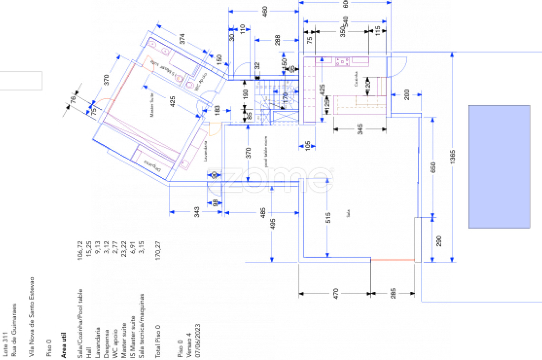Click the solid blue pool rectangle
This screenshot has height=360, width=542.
tap(499, 166)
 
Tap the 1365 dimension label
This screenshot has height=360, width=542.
tap(453, 157)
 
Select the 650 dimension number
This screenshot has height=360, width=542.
tap(433, 167)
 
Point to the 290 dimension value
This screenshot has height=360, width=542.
tap(439, 241)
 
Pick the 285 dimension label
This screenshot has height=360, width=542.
tap(393, 293)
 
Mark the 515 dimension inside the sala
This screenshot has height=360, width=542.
tap(328, 218)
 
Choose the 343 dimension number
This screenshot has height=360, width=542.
tap(197, 212)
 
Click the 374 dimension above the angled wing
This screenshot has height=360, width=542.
tap(182, 39)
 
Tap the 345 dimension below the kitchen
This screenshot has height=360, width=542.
tap(360, 129)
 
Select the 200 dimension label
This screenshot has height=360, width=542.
tap(407, 95)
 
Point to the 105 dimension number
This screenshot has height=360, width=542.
tap(308, 146)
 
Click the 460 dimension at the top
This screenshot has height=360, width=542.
tap(265, 11)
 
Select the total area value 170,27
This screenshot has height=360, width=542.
tap(158, 251)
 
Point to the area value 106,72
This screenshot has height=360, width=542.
tap(80, 251)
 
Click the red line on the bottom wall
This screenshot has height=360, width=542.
tap(393, 260)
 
